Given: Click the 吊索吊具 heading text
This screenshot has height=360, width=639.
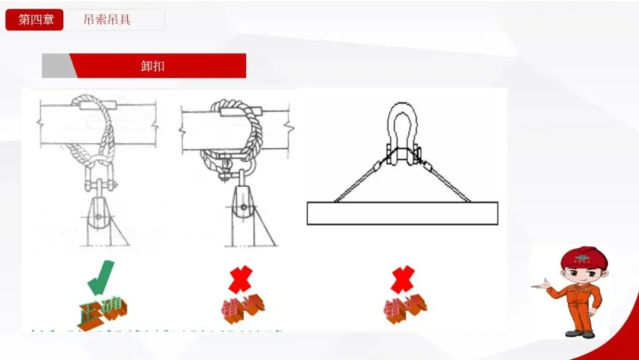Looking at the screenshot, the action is point(107,20).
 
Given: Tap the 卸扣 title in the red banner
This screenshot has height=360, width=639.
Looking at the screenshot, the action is point(153,66).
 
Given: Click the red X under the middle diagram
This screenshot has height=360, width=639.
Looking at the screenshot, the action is point(240,279).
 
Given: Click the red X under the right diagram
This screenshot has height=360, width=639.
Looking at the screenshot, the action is point(402,279).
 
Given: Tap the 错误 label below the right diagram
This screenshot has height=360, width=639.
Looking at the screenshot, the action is point(405,308).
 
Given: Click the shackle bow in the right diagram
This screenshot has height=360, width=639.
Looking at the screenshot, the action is point(402,124).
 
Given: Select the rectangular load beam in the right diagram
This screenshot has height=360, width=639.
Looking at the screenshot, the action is point(402,213).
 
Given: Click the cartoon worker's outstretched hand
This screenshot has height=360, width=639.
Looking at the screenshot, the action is point(540,287).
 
